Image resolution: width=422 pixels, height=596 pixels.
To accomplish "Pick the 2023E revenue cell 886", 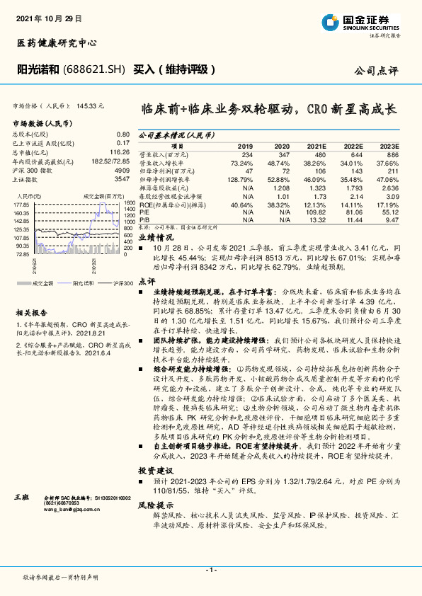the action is tap(392, 154).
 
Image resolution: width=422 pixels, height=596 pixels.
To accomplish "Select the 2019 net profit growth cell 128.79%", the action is tap(241, 180).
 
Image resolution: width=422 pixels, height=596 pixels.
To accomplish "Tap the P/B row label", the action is tap(144, 219).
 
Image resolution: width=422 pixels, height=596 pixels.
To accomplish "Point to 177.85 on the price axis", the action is tap(21, 205).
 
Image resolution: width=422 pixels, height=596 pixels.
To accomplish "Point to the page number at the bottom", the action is tap(210, 570).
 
